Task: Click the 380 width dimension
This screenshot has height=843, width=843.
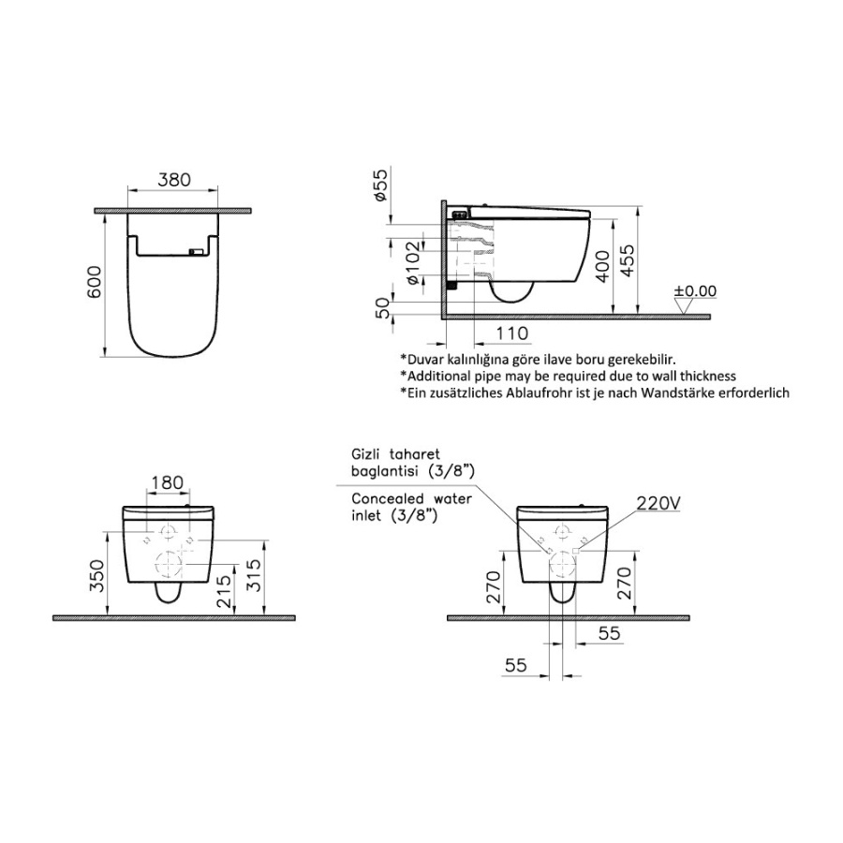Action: click(173, 179)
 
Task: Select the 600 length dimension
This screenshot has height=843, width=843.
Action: click(95, 282)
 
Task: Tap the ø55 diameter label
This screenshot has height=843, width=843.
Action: click(380, 185)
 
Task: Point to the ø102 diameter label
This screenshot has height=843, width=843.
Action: click(413, 263)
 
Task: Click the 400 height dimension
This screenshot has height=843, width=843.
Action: click(603, 266)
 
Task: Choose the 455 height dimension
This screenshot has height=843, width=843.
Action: click(627, 260)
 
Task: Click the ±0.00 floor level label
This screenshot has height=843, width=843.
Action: click(696, 291)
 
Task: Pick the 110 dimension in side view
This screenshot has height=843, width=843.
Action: click(511, 333)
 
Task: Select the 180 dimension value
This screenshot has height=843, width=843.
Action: click(168, 482)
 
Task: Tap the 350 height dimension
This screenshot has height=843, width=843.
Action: click(96, 576)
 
